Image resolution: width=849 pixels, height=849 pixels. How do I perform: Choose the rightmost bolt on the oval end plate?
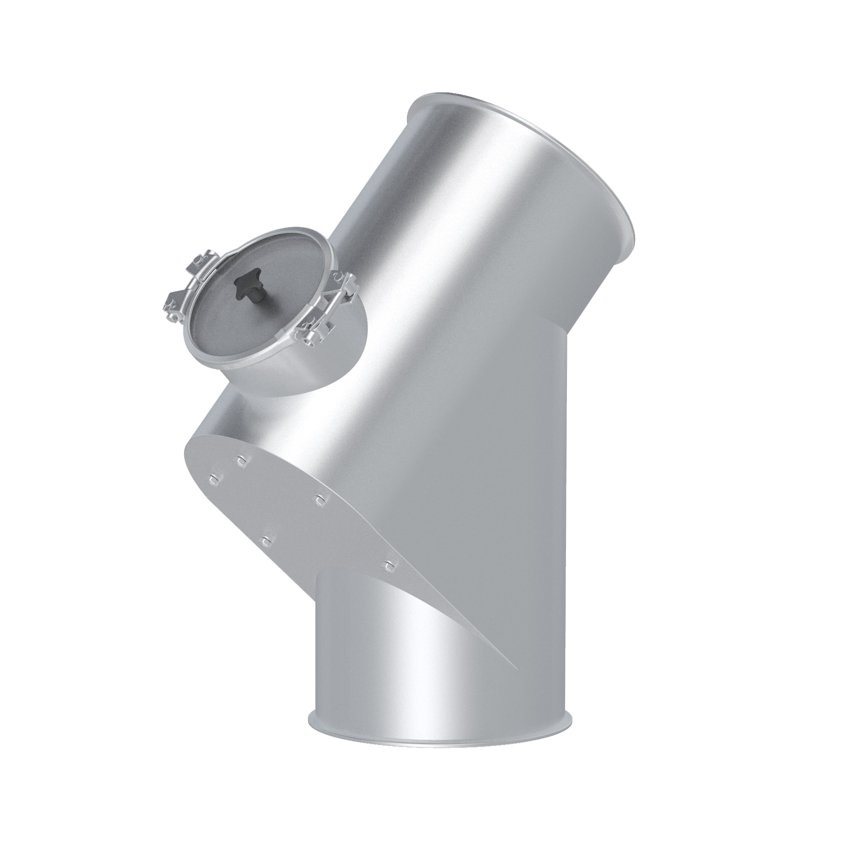[389, 564]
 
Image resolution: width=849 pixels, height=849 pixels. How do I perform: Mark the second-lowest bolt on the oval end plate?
[267, 540]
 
